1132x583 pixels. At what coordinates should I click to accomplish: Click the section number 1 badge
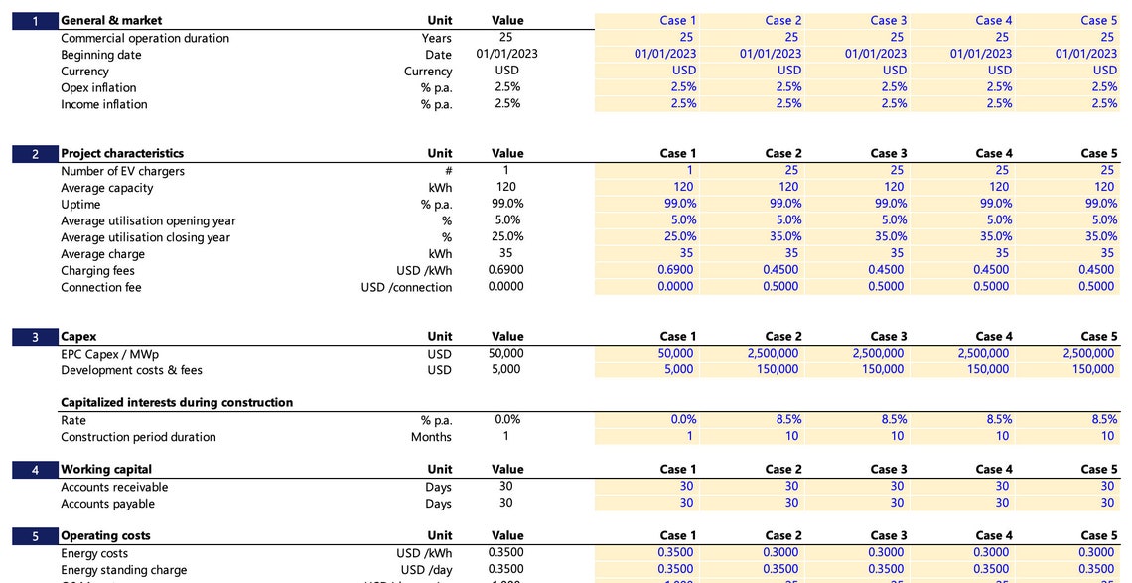pyautogui.click(x=35, y=21)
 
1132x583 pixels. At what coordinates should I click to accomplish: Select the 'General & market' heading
pyautogui.click(x=111, y=21)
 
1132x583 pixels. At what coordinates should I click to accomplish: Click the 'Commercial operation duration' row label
pyautogui.click(x=145, y=38)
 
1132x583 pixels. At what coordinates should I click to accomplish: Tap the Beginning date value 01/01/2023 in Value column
pyautogui.click(x=506, y=54)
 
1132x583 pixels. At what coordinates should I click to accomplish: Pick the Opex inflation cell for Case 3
pyautogui.click(x=894, y=87)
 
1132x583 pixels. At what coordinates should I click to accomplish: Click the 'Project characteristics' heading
pyautogui.click(x=122, y=154)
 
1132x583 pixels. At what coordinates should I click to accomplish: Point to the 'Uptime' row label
pyautogui.click(x=80, y=205)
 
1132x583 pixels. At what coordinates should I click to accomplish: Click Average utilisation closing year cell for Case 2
pyautogui.click(x=785, y=237)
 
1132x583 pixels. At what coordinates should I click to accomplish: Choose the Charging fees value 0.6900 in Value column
pyautogui.click(x=506, y=270)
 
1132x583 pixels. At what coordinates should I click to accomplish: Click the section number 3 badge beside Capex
pyautogui.click(x=35, y=337)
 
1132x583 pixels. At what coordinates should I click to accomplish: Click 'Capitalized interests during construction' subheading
pyautogui.click(x=177, y=403)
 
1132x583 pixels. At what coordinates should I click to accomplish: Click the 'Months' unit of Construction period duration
pyautogui.click(x=431, y=437)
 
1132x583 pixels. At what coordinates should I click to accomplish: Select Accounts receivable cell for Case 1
pyautogui.click(x=686, y=487)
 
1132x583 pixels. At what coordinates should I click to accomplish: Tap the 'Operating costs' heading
pyautogui.click(x=105, y=536)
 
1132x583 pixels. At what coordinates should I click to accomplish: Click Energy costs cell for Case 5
pyautogui.click(x=1096, y=553)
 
